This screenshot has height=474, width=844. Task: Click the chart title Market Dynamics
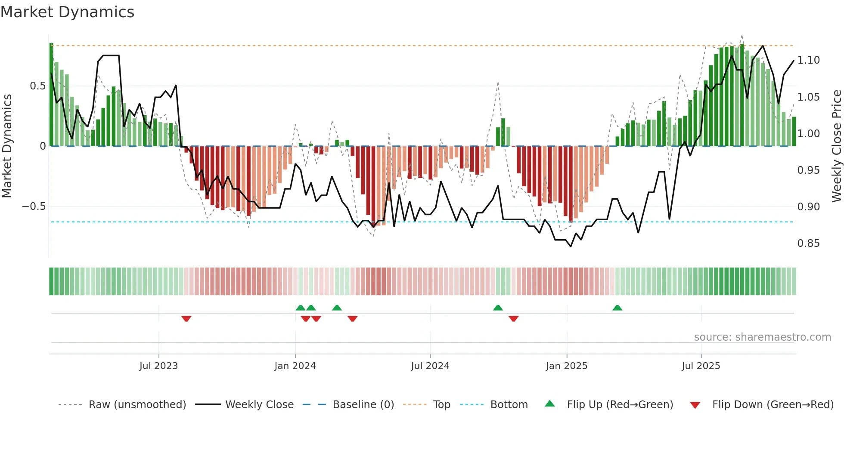[x=67, y=12]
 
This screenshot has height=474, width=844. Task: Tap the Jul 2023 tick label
[x=158, y=366]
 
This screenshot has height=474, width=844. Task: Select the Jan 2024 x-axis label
[x=295, y=366]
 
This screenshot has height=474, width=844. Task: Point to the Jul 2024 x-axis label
[x=430, y=366]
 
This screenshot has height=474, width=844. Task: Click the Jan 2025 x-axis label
[x=566, y=366]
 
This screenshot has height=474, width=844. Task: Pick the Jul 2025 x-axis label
[x=701, y=366]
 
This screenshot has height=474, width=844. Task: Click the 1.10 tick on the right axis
[x=808, y=60]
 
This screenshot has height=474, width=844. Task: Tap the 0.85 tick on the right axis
[x=808, y=243]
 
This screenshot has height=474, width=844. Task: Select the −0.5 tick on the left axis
[x=34, y=206]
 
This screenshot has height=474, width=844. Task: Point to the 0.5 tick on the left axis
[x=37, y=86]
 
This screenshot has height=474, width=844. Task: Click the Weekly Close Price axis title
[x=836, y=146]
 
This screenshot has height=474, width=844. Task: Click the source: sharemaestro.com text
[x=762, y=337]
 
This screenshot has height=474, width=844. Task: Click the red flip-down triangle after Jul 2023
[x=186, y=319]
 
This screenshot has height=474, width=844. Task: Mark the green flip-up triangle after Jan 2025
[x=617, y=308]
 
